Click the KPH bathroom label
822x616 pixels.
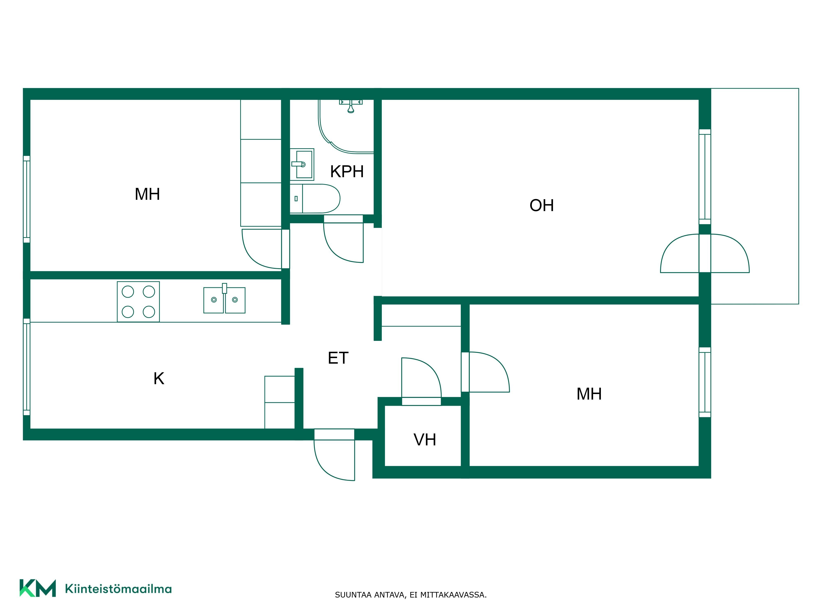(x=347, y=171)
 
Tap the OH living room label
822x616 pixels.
(x=541, y=205)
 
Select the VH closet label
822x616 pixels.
(x=425, y=440)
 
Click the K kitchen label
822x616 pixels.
(x=159, y=378)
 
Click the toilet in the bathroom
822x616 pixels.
(x=315, y=199)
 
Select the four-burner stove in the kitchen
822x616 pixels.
(x=138, y=301)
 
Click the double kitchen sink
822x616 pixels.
(x=224, y=299)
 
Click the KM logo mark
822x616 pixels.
(x=38, y=588)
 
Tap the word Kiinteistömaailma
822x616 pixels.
(x=118, y=588)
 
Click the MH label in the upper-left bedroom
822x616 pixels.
(x=147, y=194)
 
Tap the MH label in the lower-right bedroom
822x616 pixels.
(x=589, y=394)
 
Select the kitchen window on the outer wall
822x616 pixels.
(x=26, y=367)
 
